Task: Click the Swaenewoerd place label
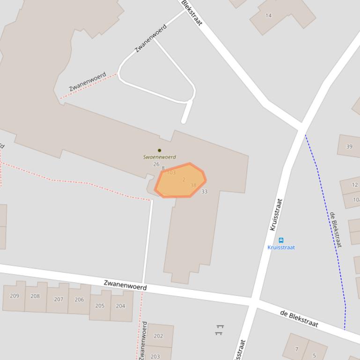click(160, 157)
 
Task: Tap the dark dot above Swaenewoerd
click(159, 151)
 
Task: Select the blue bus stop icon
click(281, 240)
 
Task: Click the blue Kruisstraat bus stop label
click(281, 247)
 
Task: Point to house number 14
click(268, 15)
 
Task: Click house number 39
click(349, 146)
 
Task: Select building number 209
click(15, 295)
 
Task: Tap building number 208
click(35, 296)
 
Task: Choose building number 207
click(59, 299)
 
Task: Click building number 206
click(79, 300)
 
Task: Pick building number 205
click(100, 306)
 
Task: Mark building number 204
click(120, 306)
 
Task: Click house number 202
click(158, 336)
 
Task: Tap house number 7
click(296, 349)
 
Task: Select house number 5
click(314, 355)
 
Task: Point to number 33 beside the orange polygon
click(204, 192)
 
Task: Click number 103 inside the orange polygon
click(171, 173)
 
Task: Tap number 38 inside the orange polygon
click(193, 186)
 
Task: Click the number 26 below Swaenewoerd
click(156, 164)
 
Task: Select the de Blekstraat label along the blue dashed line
click(336, 230)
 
